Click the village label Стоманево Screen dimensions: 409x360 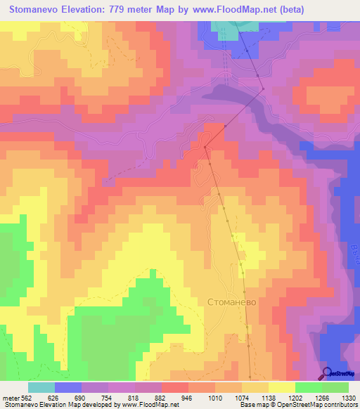coord(236,301)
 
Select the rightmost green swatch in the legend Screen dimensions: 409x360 coord(335,387)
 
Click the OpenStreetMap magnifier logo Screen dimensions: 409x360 coord(326,374)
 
